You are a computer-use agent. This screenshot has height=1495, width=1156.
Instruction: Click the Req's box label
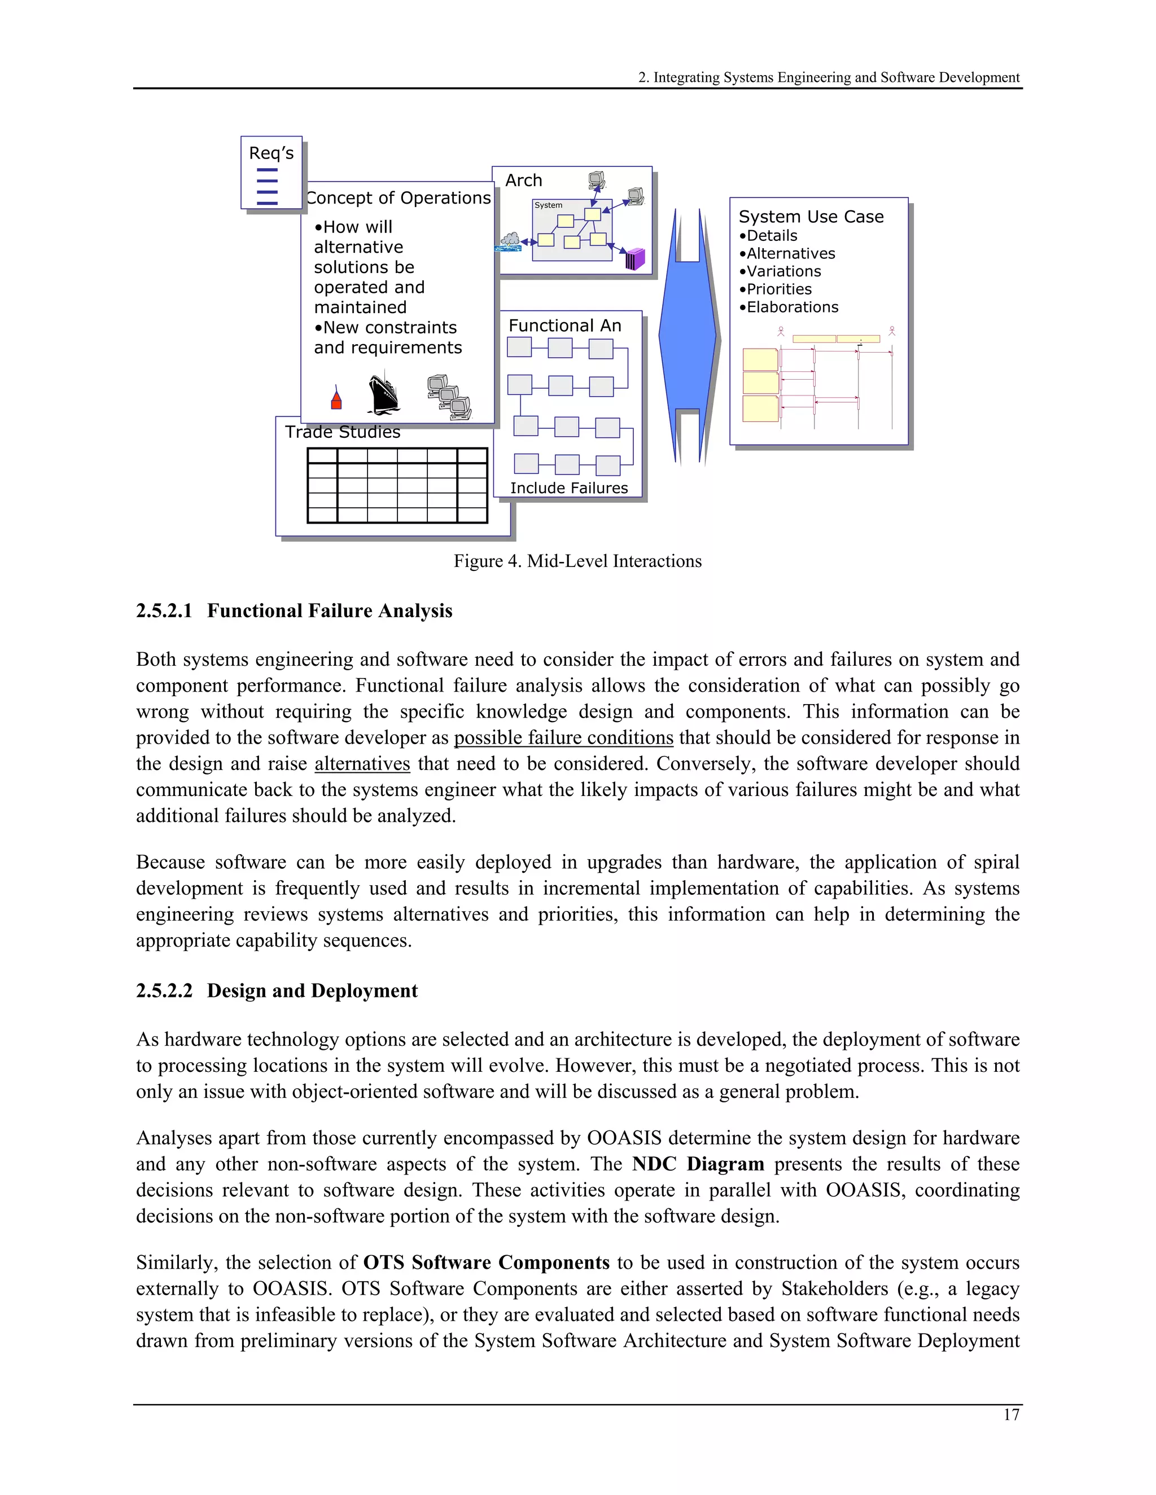click(x=271, y=153)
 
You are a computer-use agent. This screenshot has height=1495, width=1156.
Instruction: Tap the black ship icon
click(x=383, y=394)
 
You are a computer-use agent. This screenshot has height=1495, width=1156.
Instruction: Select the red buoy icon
click(x=336, y=398)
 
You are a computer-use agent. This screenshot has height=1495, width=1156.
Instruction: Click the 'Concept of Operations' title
click(x=399, y=198)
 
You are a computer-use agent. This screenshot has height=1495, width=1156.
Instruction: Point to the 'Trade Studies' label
click(x=343, y=432)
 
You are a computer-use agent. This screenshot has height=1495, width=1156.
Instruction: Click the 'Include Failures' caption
click(x=568, y=488)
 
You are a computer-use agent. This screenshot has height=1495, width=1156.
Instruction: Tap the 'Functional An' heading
click(x=564, y=326)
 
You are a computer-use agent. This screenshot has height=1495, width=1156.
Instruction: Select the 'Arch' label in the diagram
click(x=523, y=181)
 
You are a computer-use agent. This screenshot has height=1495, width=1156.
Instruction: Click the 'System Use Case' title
click(x=811, y=217)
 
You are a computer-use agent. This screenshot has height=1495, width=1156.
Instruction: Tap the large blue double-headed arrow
click(x=688, y=336)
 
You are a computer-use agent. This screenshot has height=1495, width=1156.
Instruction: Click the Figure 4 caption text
click(x=577, y=561)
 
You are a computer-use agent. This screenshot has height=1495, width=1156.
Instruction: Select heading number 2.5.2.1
click(x=164, y=610)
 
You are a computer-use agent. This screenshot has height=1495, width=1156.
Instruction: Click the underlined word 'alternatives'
click(x=362, y=763)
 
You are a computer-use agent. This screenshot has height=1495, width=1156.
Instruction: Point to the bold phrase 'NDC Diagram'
click(x=698, y=1164)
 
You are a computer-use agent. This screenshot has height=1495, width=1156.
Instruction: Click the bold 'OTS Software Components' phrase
click(x=486, y=1263)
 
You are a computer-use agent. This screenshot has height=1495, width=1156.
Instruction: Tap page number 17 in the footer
click(x=1011, y=1415)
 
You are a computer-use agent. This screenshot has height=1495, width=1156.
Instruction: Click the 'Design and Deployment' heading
click(x=312, y=991)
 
